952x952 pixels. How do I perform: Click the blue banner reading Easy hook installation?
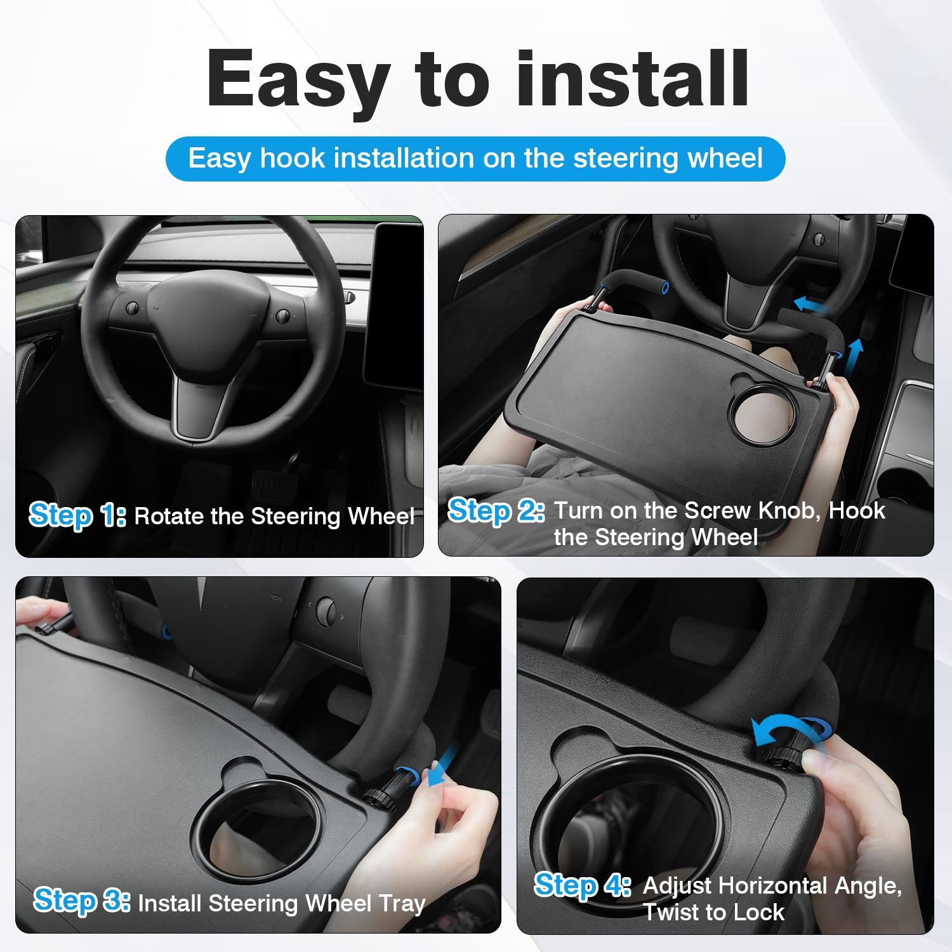475,159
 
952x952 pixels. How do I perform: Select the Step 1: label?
77,515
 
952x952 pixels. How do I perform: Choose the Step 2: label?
496,511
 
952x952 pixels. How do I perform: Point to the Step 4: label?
582,885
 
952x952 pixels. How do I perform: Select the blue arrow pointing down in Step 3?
442,764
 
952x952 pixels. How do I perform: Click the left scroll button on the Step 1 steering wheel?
132,308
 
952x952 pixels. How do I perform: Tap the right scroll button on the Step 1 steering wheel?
283,315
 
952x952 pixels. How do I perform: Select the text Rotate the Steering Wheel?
274,517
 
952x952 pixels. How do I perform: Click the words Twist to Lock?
713,913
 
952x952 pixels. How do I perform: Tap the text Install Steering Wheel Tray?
281,903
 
